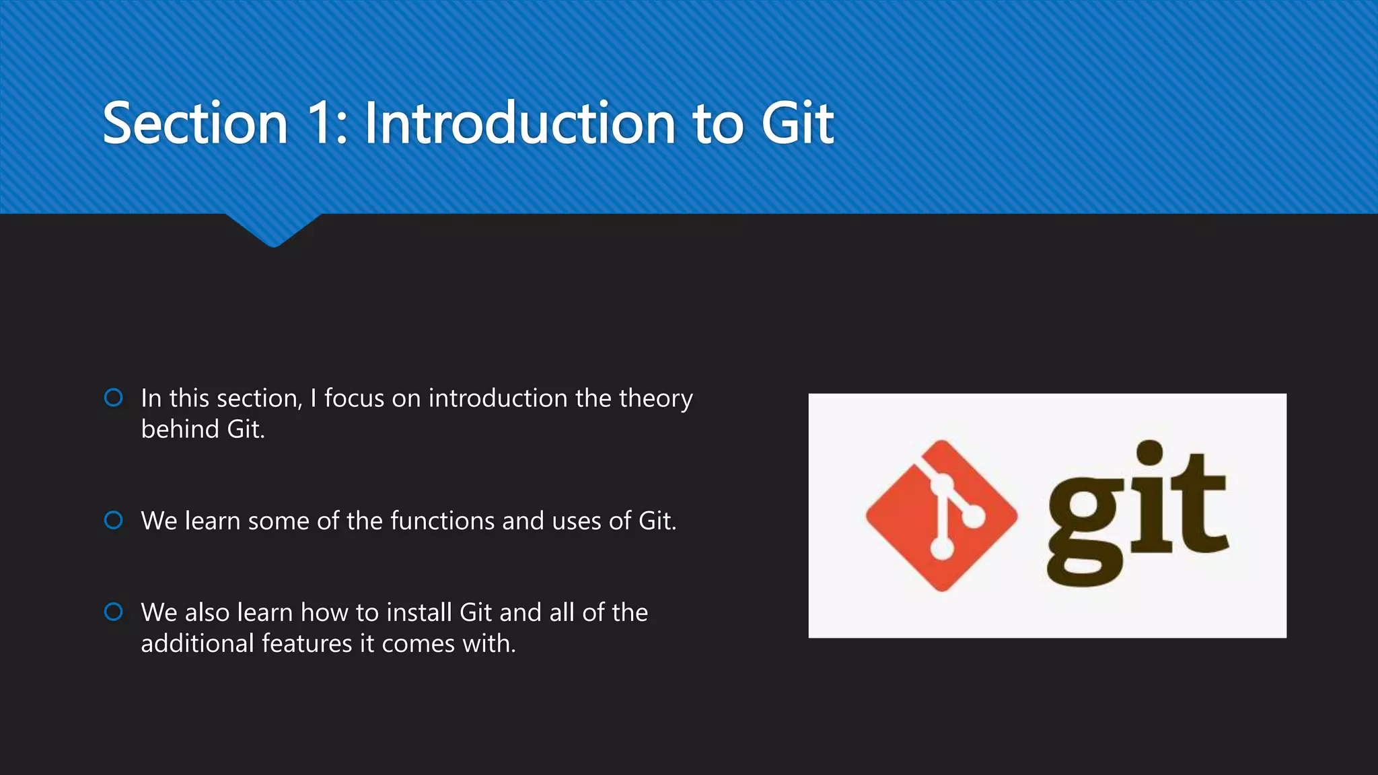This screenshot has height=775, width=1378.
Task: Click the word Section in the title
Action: pyautogui.click(x=195, y=123)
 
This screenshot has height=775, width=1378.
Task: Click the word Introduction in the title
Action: pyautogui.click(x=519, y=123)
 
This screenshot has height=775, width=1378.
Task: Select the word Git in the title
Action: pyautogui.click(x=797, y=123)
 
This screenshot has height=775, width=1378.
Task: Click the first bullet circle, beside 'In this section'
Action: pyautogui.click(x=114, y=398)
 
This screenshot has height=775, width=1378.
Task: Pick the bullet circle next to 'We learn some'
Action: pyautogui.click(x=114, y=520)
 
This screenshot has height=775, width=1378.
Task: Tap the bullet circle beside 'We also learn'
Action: pyautogui.click(x=114, y=612)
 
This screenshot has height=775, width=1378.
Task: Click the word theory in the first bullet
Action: pyautogui.click(x=655, y=399)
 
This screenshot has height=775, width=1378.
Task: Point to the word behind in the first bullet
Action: pyautogui.click(x=180, y=429)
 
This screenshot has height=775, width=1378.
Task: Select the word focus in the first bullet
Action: pyautogui.click(x=354, y=398)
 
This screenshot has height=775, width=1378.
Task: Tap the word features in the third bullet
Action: pyautogui.click(x=307, y=644)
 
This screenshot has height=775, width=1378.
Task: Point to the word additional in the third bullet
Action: pyautogui.click(x=197, y=644)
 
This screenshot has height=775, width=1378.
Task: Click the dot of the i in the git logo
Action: pyautogui.click(x=1150, y=453)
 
